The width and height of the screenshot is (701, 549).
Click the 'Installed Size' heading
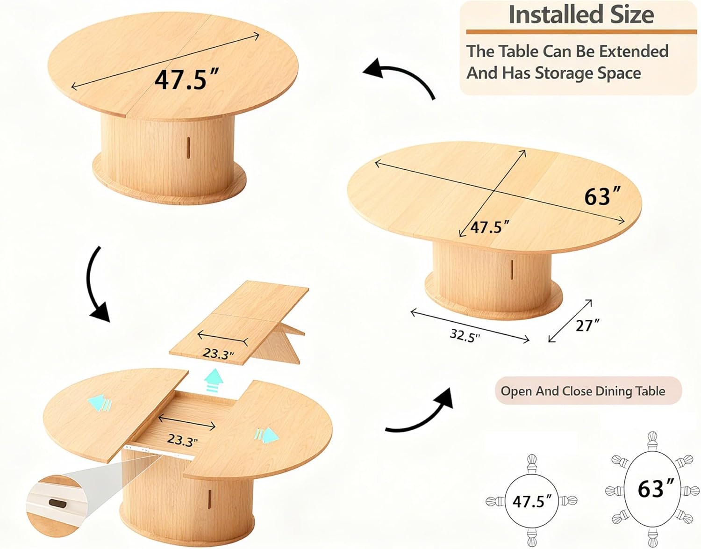pyautogui.click(x=581, y=15)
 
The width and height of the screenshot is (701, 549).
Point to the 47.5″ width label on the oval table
pyautogui.click(x=490, y=227)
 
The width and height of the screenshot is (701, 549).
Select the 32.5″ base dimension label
pyautogui.click(x=465, y=336)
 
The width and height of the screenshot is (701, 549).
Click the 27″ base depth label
pyautogui.click(x=588, y=325)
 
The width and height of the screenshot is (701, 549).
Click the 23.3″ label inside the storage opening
pyautogui.click(x=183, y=440)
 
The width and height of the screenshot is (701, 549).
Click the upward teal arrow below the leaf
pyautogui.click(x=215, y=381)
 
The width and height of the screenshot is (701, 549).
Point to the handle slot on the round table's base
pyautogui.click(x=188, y=147)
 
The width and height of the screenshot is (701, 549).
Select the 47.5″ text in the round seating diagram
pyautogui.click(x=531, y=501)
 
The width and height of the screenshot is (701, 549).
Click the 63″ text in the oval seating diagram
pyautogui.click(x=656, y=489)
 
